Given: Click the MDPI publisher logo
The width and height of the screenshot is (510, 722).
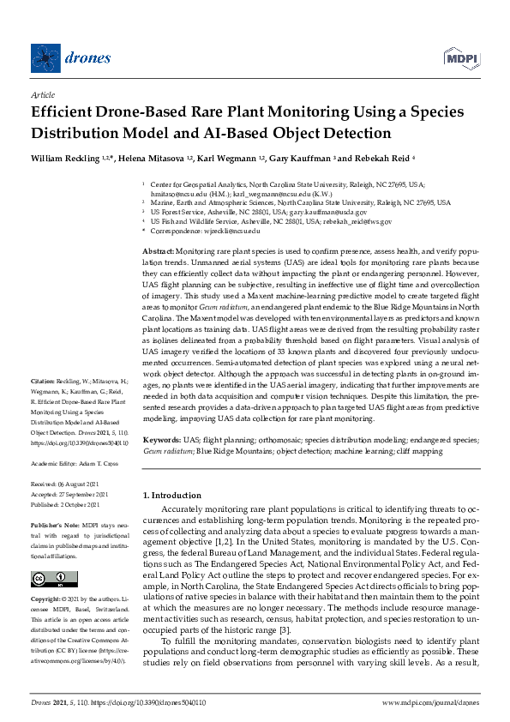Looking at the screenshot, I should coord(461,57).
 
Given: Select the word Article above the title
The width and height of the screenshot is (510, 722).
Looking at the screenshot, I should coord(42,95).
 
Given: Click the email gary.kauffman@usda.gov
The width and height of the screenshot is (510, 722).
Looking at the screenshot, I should coord(338,212).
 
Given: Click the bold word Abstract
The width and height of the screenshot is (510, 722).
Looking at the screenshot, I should coord(159,248).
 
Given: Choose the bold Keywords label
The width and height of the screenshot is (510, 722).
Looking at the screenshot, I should coord(162,438).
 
